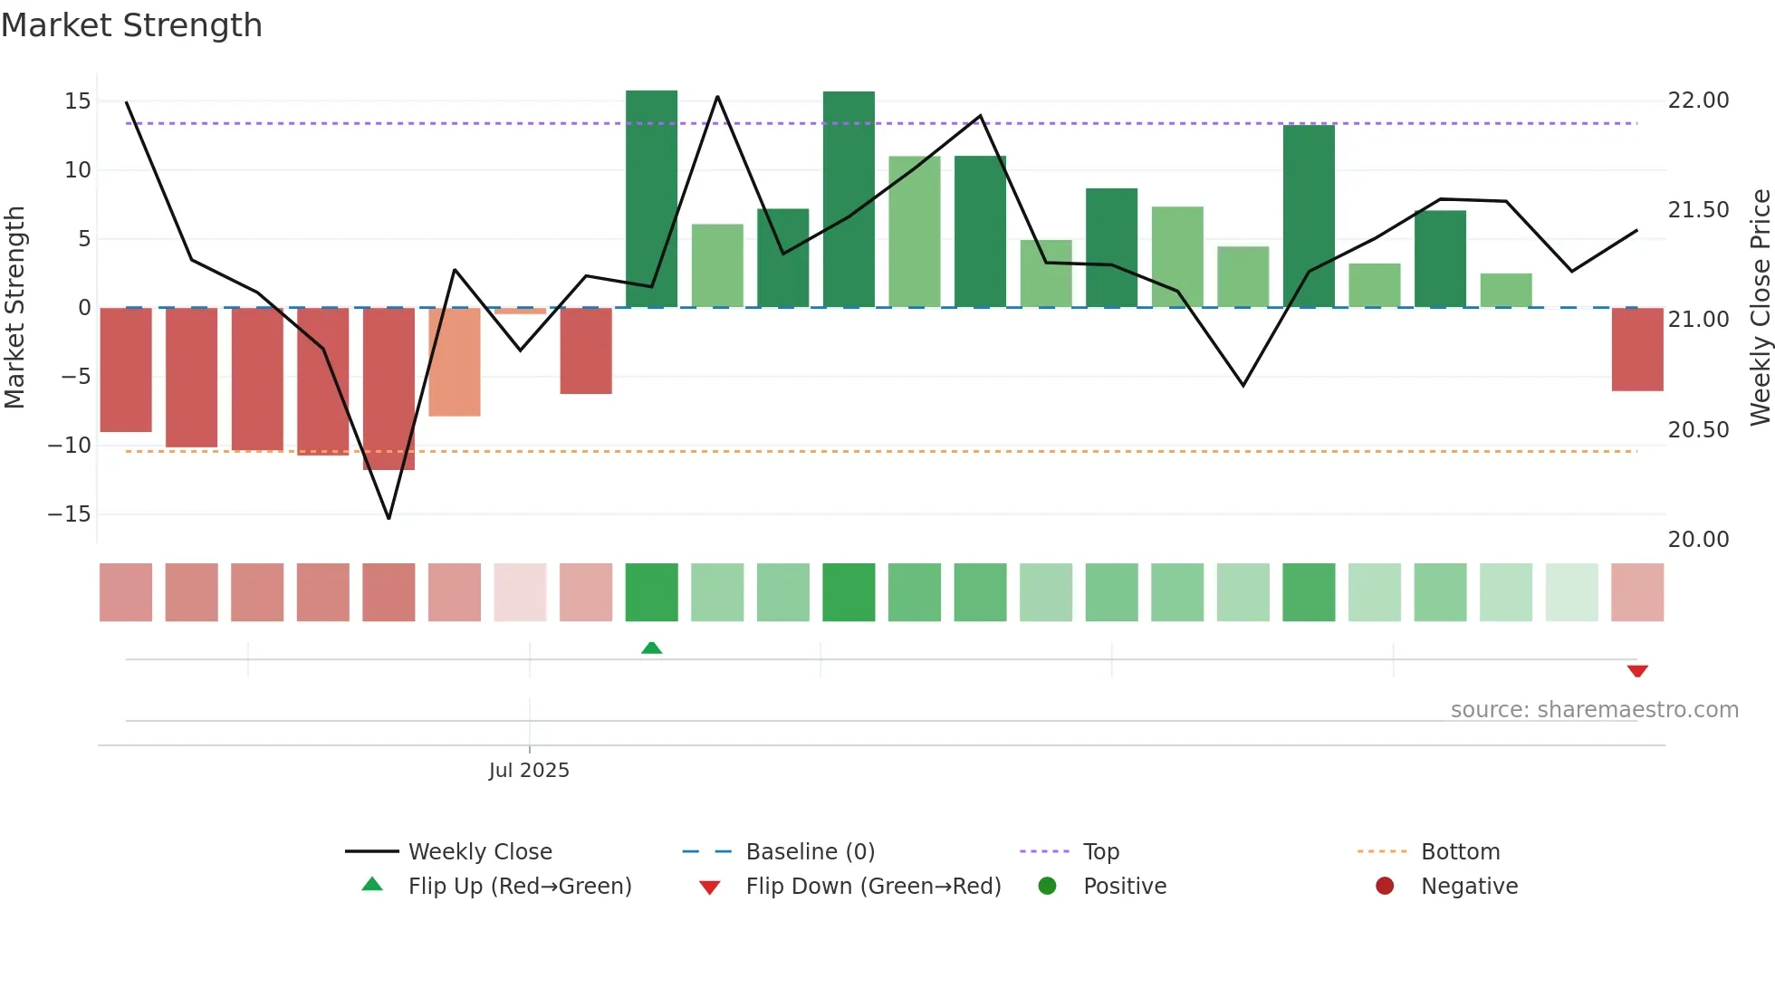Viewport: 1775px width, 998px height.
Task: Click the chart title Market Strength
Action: click(x=131, y=25)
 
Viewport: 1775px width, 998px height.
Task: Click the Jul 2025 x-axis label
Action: click(x=529, y=770)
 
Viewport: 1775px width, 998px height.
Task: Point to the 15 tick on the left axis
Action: click(x=78, y=101)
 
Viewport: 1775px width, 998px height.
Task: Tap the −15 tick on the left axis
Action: click(x=70, y=513)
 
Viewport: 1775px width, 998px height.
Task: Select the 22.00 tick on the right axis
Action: click(x=1698, y=100)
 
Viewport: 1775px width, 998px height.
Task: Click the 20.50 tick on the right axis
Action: click(x=1698, y=429)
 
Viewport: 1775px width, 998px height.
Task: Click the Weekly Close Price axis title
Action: click(x=1760, y=307)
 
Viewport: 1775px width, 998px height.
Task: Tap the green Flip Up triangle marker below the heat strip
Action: click(x=651, y=648)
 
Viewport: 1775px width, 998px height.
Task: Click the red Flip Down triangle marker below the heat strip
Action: click(x=1636, y=671)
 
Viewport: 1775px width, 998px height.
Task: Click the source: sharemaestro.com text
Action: click(x=1594, y=709)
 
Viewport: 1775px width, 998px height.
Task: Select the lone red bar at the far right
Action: click(x=1636, y=350)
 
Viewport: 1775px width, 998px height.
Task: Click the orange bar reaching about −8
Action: click(x=455, y=362)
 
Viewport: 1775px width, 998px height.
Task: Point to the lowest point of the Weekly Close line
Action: click(x=389, y=518)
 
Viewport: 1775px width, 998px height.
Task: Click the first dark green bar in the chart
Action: click(x=651, y=199)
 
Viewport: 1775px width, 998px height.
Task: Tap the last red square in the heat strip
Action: click(x=1636, y=592)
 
